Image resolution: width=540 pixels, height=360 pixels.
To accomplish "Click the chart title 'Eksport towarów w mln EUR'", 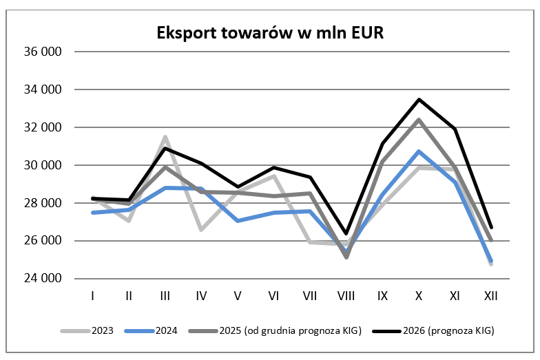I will (x=269, y=32).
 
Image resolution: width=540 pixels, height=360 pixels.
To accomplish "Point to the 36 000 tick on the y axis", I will (x=43, y=52).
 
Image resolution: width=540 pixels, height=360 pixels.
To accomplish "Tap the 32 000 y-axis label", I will (x=43, y=127).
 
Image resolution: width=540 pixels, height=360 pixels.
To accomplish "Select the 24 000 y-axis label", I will (x=43, y=279).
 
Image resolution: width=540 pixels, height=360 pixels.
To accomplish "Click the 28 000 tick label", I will (x=43, y=203).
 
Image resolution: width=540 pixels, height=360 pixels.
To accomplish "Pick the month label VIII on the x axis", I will (x=346, y=295).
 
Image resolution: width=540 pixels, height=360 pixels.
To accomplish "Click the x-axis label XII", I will (x=491, y=295).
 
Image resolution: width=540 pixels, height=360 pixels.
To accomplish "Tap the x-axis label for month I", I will (x=93, y=295).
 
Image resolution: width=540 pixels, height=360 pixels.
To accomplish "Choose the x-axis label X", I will (x=419, y=295).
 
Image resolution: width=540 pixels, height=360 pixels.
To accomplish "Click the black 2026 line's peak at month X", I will (x=419, y=100).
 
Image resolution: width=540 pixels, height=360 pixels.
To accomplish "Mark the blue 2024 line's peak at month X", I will (x=419, y=151).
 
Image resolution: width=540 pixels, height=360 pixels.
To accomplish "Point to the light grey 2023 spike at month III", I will (x=165, y=137).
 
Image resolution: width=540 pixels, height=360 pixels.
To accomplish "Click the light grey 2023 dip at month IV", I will (x=201, y=230).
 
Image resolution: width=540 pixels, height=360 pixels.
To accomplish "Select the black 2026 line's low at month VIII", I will (x=346, y=234).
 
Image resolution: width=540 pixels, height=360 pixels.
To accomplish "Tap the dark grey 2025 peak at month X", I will (x=419, y=120).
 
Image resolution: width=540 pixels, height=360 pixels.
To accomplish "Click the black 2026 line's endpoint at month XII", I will (x=491, y=228).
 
